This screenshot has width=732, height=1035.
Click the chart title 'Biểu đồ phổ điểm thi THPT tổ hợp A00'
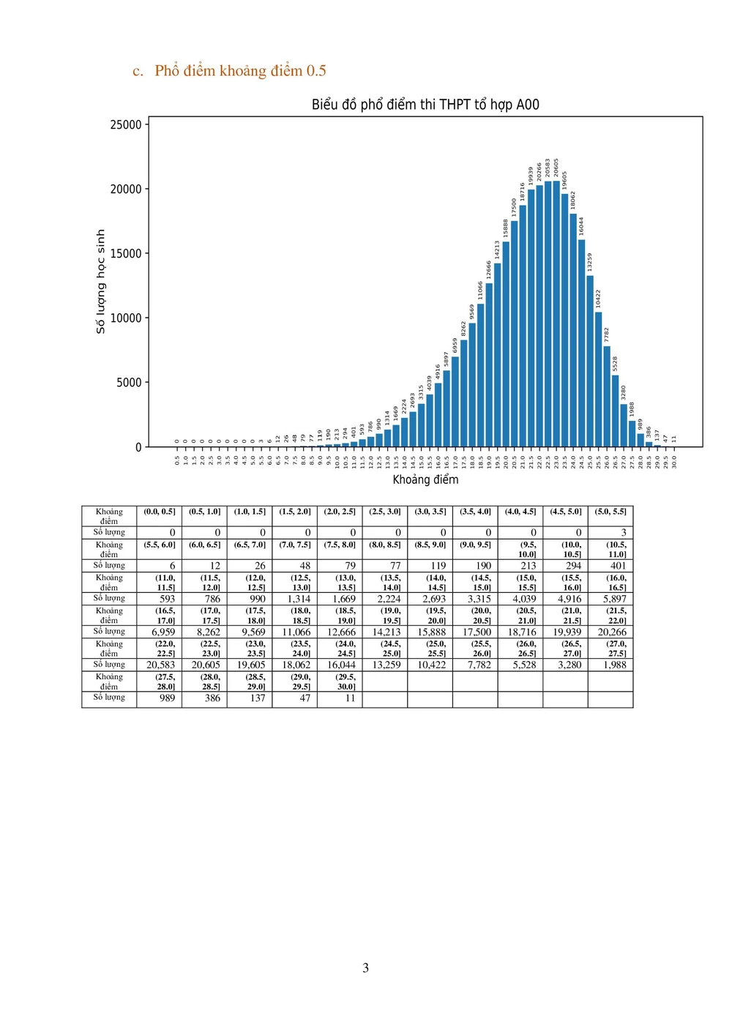(425, 105)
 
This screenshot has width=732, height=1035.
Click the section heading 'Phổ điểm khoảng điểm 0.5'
(240, 71)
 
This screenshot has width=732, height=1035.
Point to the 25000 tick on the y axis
(126, 124)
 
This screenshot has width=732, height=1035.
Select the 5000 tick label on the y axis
(129, 382)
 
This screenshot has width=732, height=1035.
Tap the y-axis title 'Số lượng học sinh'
(101, 282)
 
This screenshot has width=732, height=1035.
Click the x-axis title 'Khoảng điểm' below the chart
(425, 479)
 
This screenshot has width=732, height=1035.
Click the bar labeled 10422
(598, 379)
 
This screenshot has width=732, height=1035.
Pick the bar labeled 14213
(497, 355)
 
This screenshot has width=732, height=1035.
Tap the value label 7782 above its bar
(607, 335)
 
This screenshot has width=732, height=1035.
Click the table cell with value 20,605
(206, 665)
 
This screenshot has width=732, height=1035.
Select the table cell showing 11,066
(296, 632)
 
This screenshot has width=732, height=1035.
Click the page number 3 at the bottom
(365, 968)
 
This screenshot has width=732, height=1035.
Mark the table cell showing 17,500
(477, 632)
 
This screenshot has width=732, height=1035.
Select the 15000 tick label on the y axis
(126, 253)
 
